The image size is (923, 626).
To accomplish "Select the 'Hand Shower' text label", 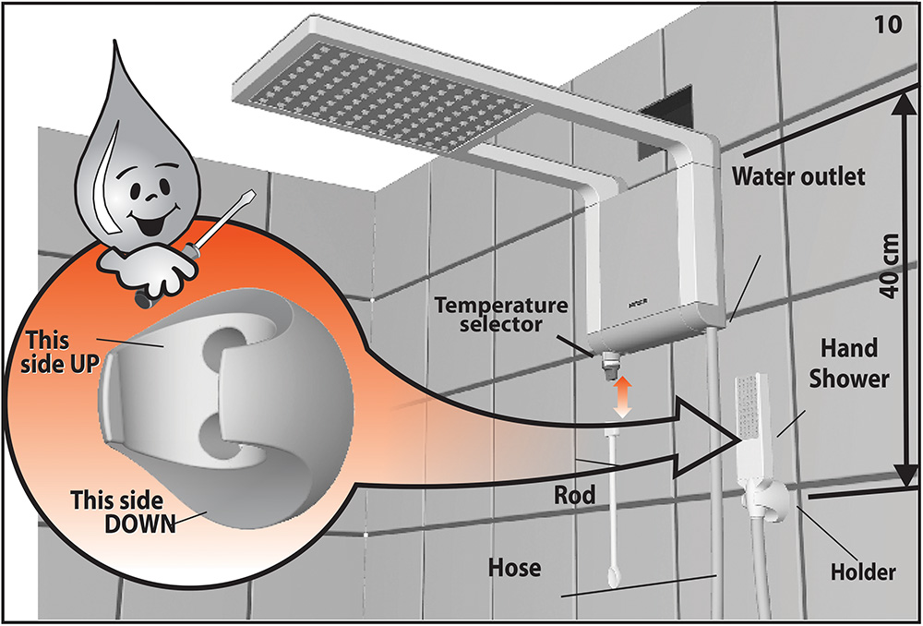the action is click(848, 364).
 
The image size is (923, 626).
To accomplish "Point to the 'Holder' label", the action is click(863, 571).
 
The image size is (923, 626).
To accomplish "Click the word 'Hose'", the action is click(514, 568).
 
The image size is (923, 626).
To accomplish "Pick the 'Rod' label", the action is click(574, 495).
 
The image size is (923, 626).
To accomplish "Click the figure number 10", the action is click(890, 27).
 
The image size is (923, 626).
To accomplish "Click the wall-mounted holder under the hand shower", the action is click(764, 499).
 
